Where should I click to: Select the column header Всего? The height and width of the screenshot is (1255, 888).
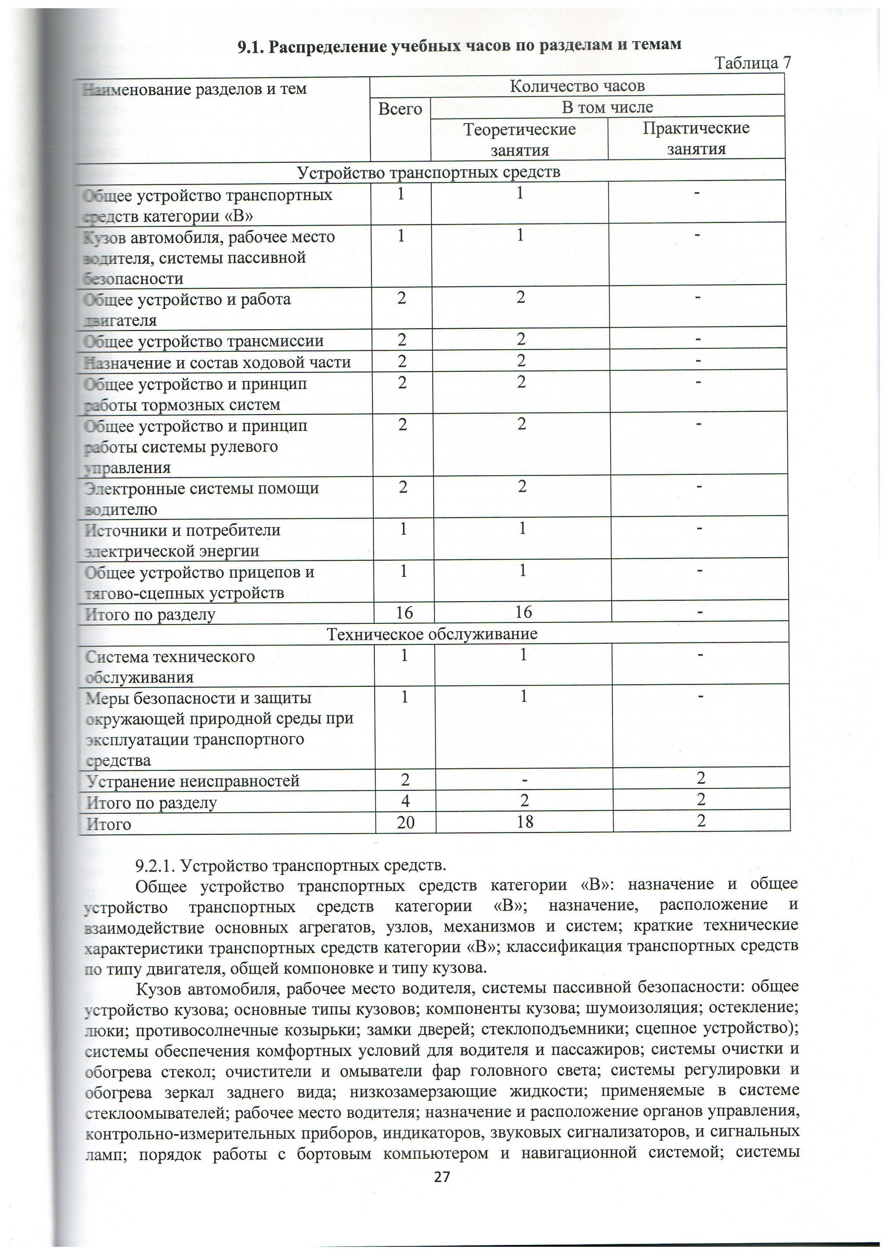point(400,109)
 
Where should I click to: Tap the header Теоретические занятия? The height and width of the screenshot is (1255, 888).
point(520,139)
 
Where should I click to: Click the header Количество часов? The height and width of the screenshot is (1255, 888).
point(577,86)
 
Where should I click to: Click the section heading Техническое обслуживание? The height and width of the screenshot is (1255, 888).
point(432,634)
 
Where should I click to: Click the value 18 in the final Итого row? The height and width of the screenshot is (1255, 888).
point(524,822)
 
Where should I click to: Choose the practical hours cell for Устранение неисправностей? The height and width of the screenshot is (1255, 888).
point(701,778)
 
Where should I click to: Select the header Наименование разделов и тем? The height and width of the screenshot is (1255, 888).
point(194,89)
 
